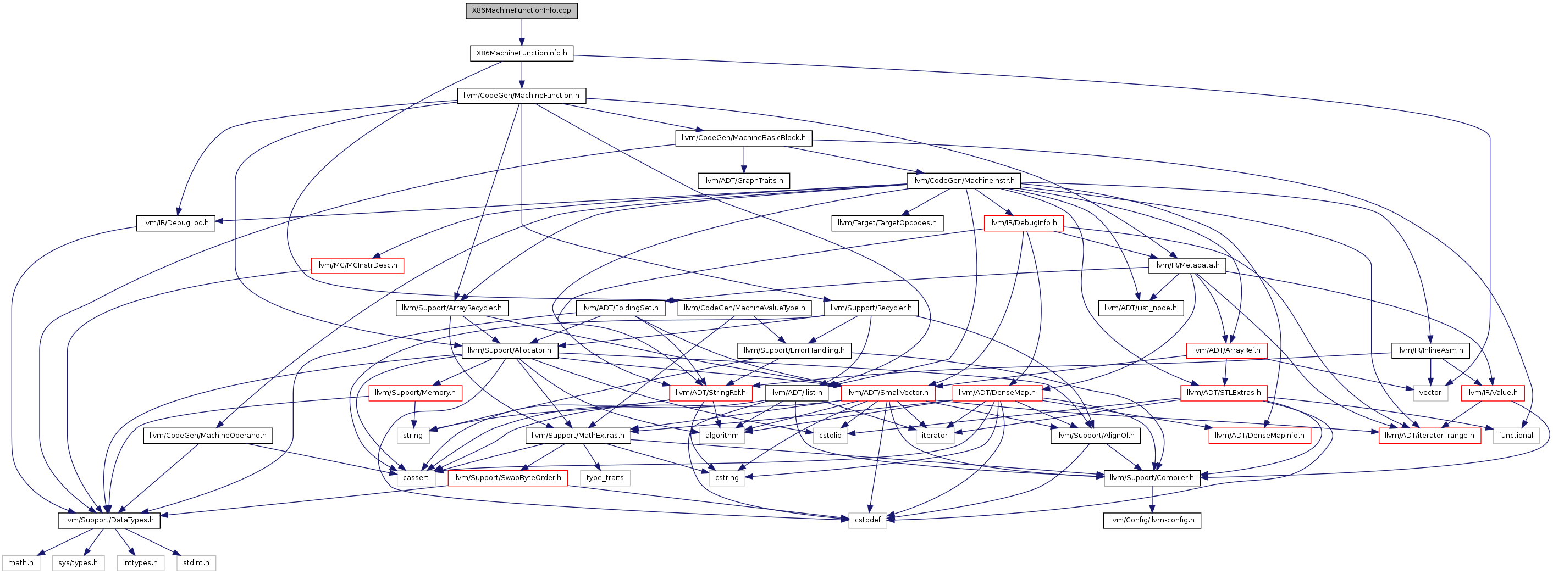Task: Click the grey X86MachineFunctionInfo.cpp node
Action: [522, 11]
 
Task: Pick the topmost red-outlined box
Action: [1024, 224]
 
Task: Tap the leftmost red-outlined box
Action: [357, 266]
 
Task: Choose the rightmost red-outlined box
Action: [1493, 393]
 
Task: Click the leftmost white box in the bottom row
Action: [21, 563]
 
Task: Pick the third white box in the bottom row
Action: [141, 563]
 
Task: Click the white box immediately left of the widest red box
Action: [416, 478]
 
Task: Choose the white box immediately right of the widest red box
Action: [605, 478]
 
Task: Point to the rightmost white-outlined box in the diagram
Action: [1516, 436]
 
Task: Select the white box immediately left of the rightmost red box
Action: [1430, 393]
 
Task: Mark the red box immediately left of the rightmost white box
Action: [1429, 436]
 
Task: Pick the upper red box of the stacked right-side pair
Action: [1227, 351]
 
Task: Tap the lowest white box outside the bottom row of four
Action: [867, 520]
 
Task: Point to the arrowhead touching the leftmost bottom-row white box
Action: [40, 553]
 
